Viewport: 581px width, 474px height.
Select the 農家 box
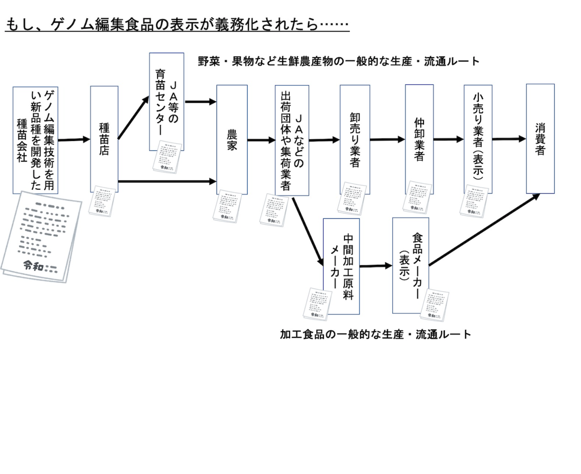(232, 139)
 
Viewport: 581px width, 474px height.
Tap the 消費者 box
(540, 138)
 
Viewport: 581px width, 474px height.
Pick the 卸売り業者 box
(355, 139)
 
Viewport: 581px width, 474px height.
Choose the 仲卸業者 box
(419, 139)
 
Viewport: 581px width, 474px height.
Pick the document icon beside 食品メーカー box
(434, 305)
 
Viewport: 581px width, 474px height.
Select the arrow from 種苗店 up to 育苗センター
(133, 118)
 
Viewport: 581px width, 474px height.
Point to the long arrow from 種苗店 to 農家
(167, 182)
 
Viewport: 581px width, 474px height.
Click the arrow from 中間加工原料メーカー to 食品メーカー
(376, 266)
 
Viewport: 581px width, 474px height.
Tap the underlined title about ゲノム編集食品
(177, 25)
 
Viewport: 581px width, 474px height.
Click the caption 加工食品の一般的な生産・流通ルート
(375, 335)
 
